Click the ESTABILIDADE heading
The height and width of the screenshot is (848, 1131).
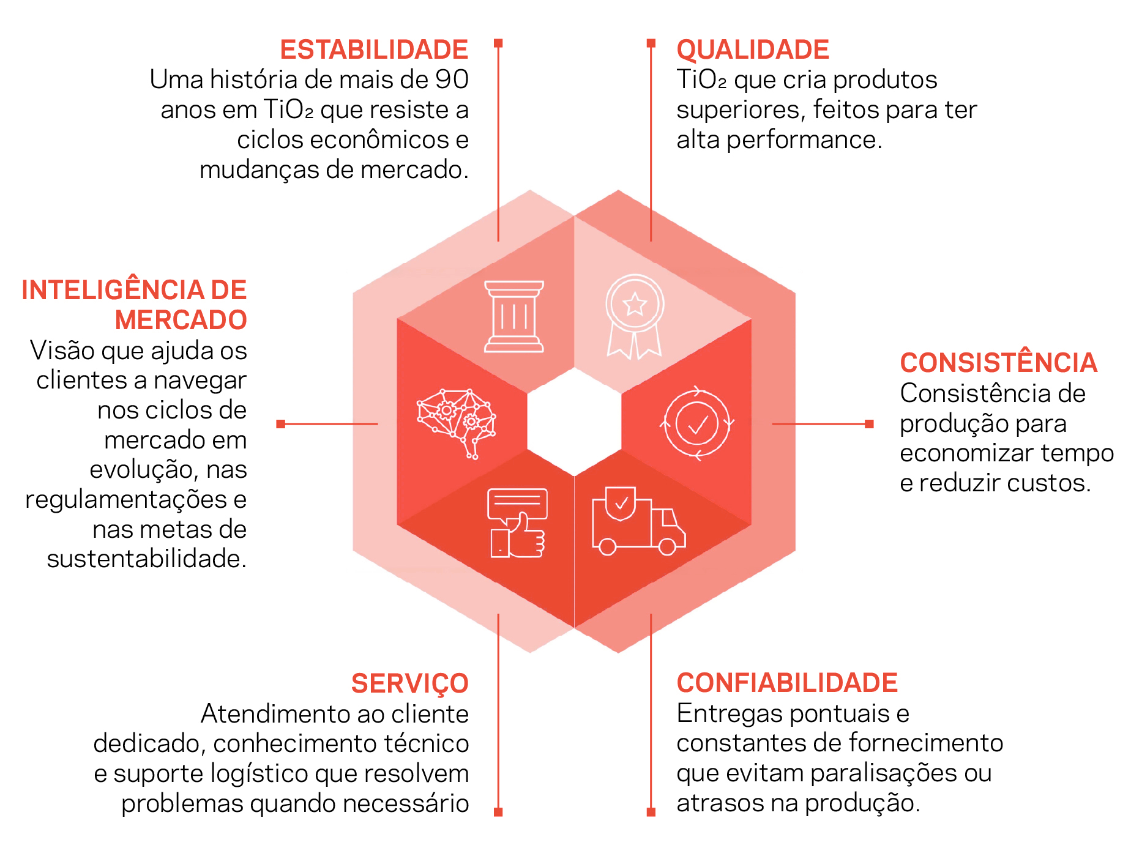point(374,50)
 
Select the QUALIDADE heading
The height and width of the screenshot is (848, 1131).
point(753,50)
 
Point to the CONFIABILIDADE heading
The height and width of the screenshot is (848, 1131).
point(787,683)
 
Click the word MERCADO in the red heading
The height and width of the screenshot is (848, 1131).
point(181,320)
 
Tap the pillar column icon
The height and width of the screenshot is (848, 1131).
point(514,316)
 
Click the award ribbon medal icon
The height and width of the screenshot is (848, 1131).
point(635,316)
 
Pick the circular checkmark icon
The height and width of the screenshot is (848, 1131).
point(697,423)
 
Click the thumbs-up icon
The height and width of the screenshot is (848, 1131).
point(518,523)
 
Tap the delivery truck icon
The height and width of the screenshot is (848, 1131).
point(638,521)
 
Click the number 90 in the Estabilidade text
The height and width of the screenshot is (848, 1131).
point(452,80)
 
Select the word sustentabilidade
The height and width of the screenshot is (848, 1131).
point(147,559)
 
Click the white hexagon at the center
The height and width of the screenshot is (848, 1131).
point(574,422)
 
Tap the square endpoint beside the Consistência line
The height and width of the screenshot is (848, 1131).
point(869,424)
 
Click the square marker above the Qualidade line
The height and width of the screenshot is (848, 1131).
point(651,43)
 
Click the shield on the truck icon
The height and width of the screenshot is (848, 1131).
point(621,504)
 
